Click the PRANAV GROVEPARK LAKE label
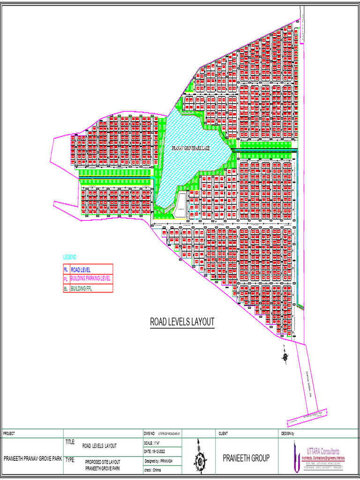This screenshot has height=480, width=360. click(x=191, y=148)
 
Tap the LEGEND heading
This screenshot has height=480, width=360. click(x=69, y=257)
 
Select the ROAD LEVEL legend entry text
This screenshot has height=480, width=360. click(x=81, y=270)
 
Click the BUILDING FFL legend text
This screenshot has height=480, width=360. click(x=81, y=289)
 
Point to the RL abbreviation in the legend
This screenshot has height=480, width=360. click(x=66, y=270)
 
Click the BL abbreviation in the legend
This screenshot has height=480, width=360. click(x=66, y=289)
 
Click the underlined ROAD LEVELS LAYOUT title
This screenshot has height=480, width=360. click(x=182, y=322)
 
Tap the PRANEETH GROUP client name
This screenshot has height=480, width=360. click(x=246, y=458)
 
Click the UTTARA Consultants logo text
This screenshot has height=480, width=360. click(x=323, y=451)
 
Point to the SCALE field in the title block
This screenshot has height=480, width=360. click(x=154, y=443)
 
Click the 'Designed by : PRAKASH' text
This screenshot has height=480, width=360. click(x=159, y=461)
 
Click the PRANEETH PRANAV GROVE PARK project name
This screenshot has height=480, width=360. click(x=33, y=458)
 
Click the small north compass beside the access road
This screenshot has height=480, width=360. click(x=285, y=357)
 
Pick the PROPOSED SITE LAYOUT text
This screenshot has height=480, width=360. click(x=103, y=462)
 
